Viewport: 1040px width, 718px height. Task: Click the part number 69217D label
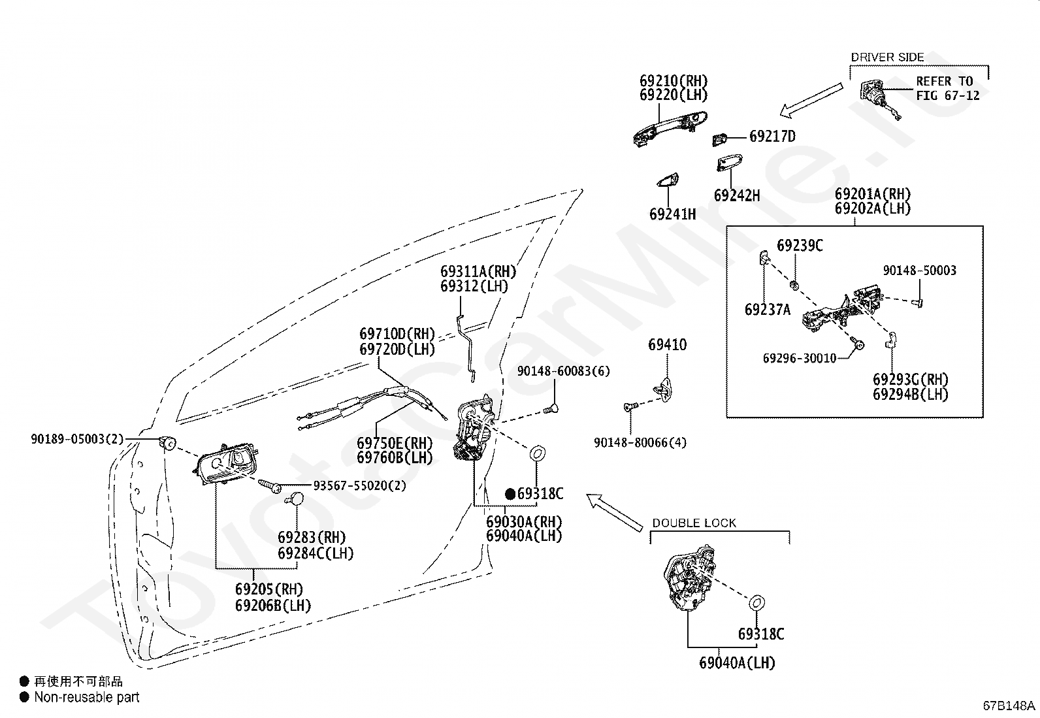tap(773, 137)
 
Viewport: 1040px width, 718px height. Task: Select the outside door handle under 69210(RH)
tap(670, 129)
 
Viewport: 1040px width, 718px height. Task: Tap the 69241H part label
tap(672, 214)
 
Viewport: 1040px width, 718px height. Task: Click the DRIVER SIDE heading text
tap(887, 57)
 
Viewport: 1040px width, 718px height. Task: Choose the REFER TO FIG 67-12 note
tap(948, 88)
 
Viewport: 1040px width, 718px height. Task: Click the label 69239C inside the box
tap(800, 246)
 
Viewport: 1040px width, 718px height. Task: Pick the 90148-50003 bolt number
tap(919, 270)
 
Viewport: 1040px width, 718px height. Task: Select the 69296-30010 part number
tap(800, 359)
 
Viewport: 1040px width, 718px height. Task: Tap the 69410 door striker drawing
tap(664, 389)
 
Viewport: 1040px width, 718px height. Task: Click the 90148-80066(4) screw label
tap(640, 442)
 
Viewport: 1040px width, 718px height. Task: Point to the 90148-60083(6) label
tap(564, 371)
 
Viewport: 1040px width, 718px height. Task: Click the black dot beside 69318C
tap(510, 494)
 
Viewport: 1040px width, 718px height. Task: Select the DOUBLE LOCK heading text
tap(694, 523)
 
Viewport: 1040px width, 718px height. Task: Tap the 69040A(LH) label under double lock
tap(738, 663)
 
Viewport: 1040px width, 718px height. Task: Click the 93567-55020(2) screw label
tap(360, 486)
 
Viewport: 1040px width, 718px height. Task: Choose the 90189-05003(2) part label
tap(77, 439)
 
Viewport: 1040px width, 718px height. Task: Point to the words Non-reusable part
tap(87, 698)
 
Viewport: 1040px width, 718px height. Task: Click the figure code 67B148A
tap(1009, 706)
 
